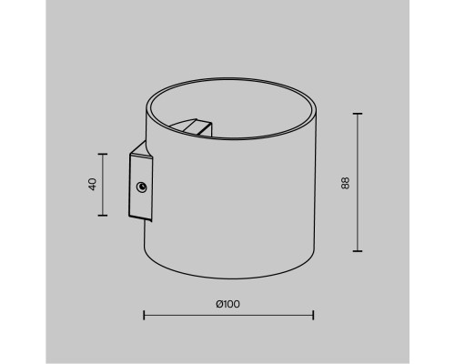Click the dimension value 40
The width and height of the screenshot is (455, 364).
(93, 184)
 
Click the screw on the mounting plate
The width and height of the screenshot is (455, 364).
(141, 187)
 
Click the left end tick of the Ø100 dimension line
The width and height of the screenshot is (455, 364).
(145, 316)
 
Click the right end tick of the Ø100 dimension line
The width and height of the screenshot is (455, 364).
(313, 316)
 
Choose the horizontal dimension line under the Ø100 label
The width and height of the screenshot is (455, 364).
(228, 316)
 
